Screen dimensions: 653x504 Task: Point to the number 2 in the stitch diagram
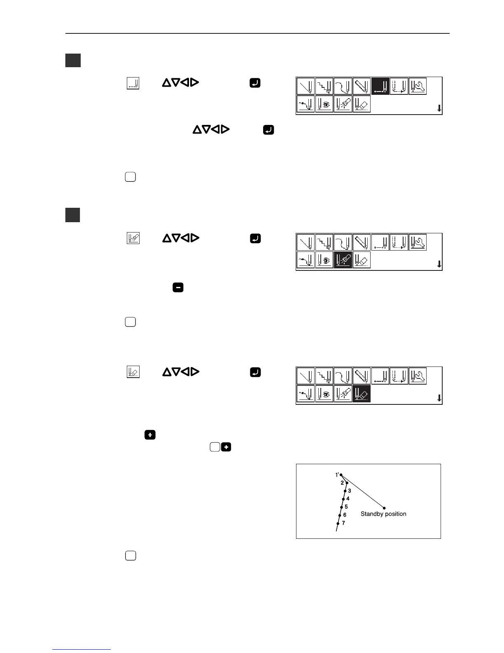(342, 482)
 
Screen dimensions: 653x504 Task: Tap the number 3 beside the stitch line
(350, 491)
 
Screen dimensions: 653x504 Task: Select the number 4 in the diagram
(348, 498)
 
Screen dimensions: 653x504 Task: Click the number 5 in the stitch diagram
(346, 507)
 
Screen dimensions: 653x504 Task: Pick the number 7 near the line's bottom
(343, 523)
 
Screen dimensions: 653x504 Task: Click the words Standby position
(383, 514)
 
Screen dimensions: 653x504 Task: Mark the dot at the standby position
(384, 508)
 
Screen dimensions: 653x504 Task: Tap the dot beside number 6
(340, 515)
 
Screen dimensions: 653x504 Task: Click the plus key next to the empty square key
(226, 446)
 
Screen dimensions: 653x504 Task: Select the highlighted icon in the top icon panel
(380, 86)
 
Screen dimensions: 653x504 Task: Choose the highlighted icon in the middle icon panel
(343, 260)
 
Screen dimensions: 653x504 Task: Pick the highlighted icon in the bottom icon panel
(362, 394)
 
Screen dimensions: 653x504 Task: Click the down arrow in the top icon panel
(439, 108)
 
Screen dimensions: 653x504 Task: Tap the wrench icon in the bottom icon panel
(418, 376)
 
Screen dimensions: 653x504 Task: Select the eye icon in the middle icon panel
(324, 260)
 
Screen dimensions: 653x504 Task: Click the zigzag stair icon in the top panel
(324, 86)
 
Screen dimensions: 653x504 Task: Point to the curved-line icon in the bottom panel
(343, 376)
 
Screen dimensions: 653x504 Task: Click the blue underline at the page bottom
(82, 650)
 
